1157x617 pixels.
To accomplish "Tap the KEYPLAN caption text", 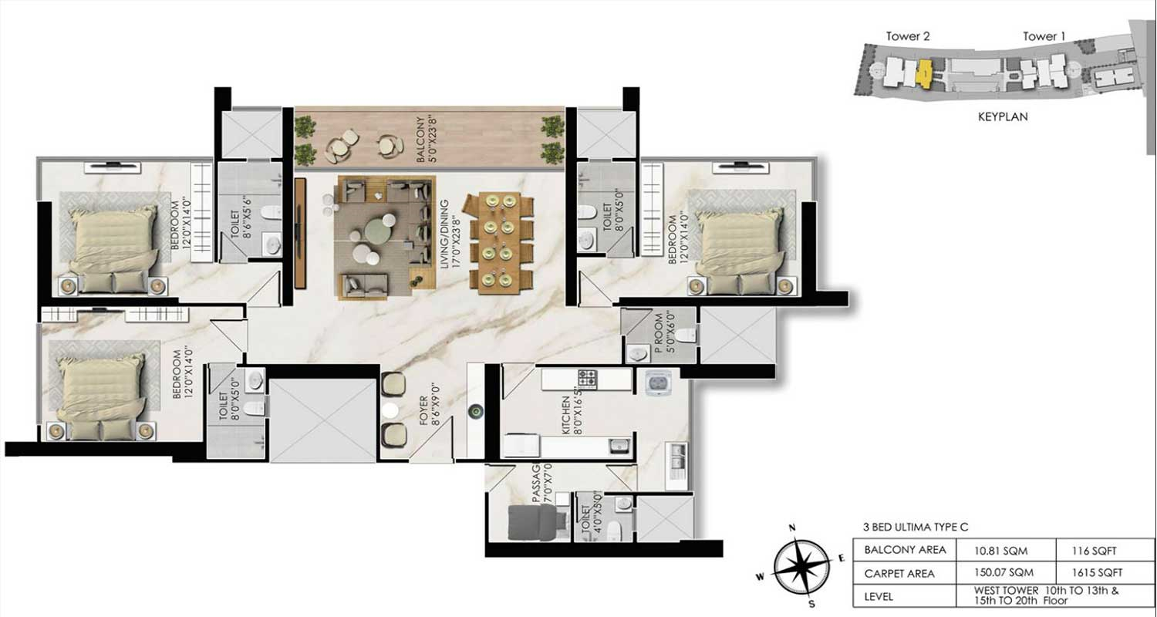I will coord(1002,117).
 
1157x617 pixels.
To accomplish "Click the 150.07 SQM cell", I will coord(1004,574).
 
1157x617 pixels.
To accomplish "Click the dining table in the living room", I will coord(498,244).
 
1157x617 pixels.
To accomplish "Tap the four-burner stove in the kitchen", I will coord(589,378).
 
